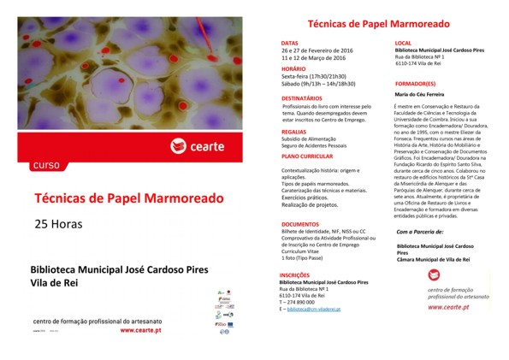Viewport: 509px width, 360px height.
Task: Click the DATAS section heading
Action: (x=290, y=42)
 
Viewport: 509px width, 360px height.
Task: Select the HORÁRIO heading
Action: (x=293, y=68)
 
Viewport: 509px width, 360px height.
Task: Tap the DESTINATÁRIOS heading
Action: (x=301, y=98)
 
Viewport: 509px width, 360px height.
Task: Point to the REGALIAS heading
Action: (x=293, y=132)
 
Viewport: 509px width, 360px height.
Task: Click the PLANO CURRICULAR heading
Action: (x=306, y=157)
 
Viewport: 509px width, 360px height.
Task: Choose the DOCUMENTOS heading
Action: (x=299, y=224)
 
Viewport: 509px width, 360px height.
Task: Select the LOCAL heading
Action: (x=403, y=42)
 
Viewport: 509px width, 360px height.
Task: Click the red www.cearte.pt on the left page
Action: (x=149, y=328)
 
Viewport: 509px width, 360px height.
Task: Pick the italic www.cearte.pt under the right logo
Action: (x=450, y=305)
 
